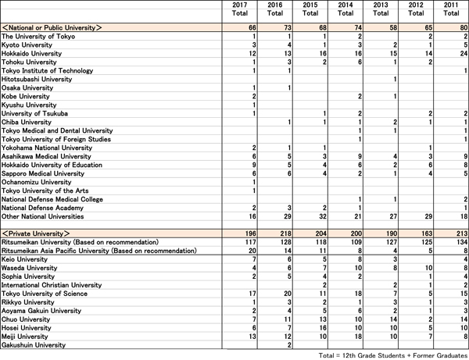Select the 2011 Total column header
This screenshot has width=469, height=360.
452,10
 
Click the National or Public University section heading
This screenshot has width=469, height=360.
52,27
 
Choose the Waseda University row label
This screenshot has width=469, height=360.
30,268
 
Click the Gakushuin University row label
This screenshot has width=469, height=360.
34,344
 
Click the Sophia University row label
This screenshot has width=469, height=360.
30,276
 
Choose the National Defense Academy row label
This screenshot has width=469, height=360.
41,208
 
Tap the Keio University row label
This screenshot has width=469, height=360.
26,259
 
